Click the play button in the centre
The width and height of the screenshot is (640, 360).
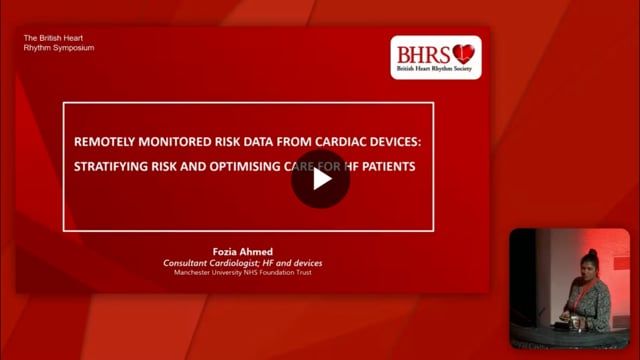click(x=320, y=179)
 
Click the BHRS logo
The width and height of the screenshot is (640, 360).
click(x=435, y=58)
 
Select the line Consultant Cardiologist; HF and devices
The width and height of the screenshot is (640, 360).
click(x=243, y=262)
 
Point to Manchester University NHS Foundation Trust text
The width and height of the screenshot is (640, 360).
click(x=243, y=272)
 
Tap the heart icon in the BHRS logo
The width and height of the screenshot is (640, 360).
click(x=462, y=53)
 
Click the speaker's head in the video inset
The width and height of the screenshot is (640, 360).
click(x=589, y=263)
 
